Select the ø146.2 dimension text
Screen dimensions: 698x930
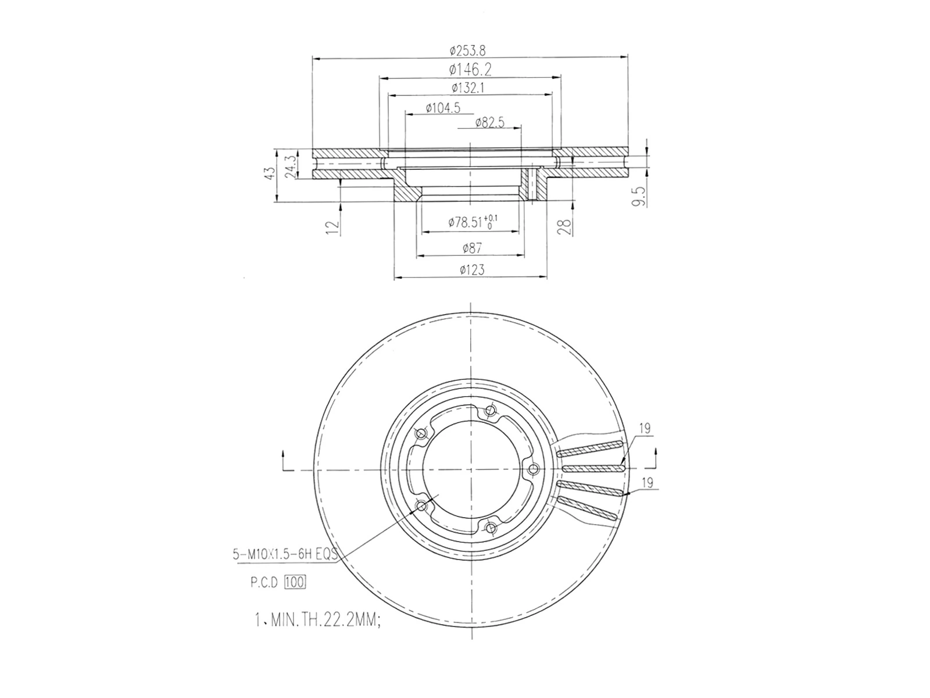(470, 70)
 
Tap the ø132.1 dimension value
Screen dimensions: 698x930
(468, 88)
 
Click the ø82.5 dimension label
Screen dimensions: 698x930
(489, 122)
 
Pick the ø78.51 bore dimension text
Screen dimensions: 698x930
(472, 222)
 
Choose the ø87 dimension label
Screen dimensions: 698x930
(472, 248)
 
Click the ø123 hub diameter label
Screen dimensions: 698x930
(472, 270)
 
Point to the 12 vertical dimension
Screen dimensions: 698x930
(332, 227)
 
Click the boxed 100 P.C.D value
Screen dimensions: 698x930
(295, 582)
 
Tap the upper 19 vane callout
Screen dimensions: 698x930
(644, 430)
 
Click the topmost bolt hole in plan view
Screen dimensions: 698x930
(490, 411)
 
